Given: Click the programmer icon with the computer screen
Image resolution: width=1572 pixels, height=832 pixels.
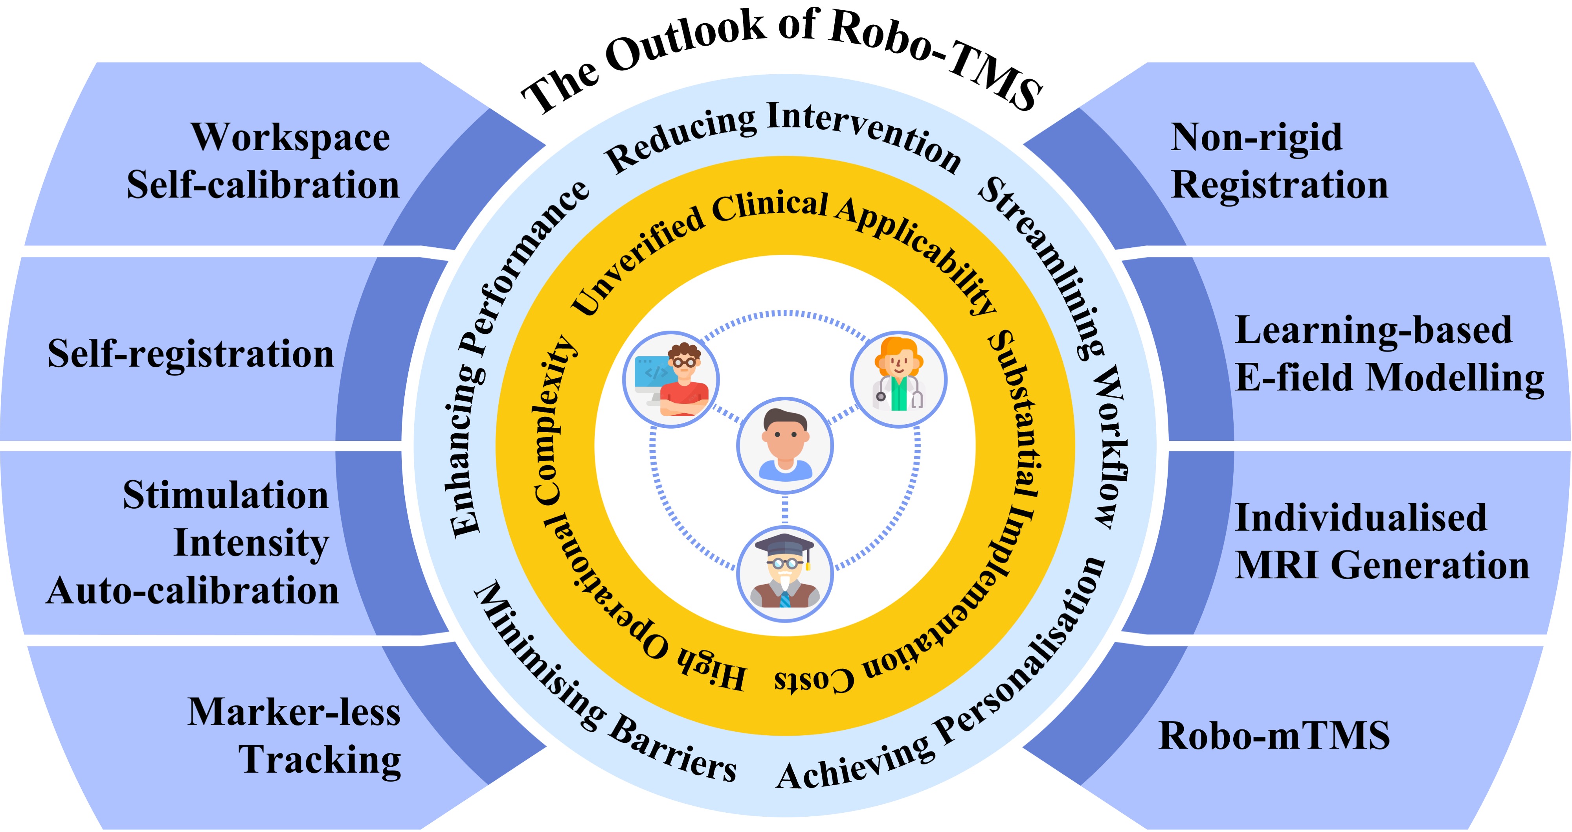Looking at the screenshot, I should coord(671,380).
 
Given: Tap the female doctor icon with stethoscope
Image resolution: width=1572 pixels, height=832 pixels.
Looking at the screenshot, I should coord(898,380).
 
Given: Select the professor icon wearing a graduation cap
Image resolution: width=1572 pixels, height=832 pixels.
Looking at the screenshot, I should coord(785,574).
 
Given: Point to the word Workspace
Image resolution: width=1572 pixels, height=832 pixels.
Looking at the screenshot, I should coord(290,138).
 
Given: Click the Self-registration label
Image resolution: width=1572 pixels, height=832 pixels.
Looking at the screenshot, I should coord(191,354).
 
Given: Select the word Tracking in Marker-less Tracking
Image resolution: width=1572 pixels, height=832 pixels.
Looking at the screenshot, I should coord(320,760).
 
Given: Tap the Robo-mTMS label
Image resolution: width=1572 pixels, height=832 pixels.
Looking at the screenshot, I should coord(1274,736).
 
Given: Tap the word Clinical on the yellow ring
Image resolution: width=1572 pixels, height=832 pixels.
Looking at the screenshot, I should coord(770,208).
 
